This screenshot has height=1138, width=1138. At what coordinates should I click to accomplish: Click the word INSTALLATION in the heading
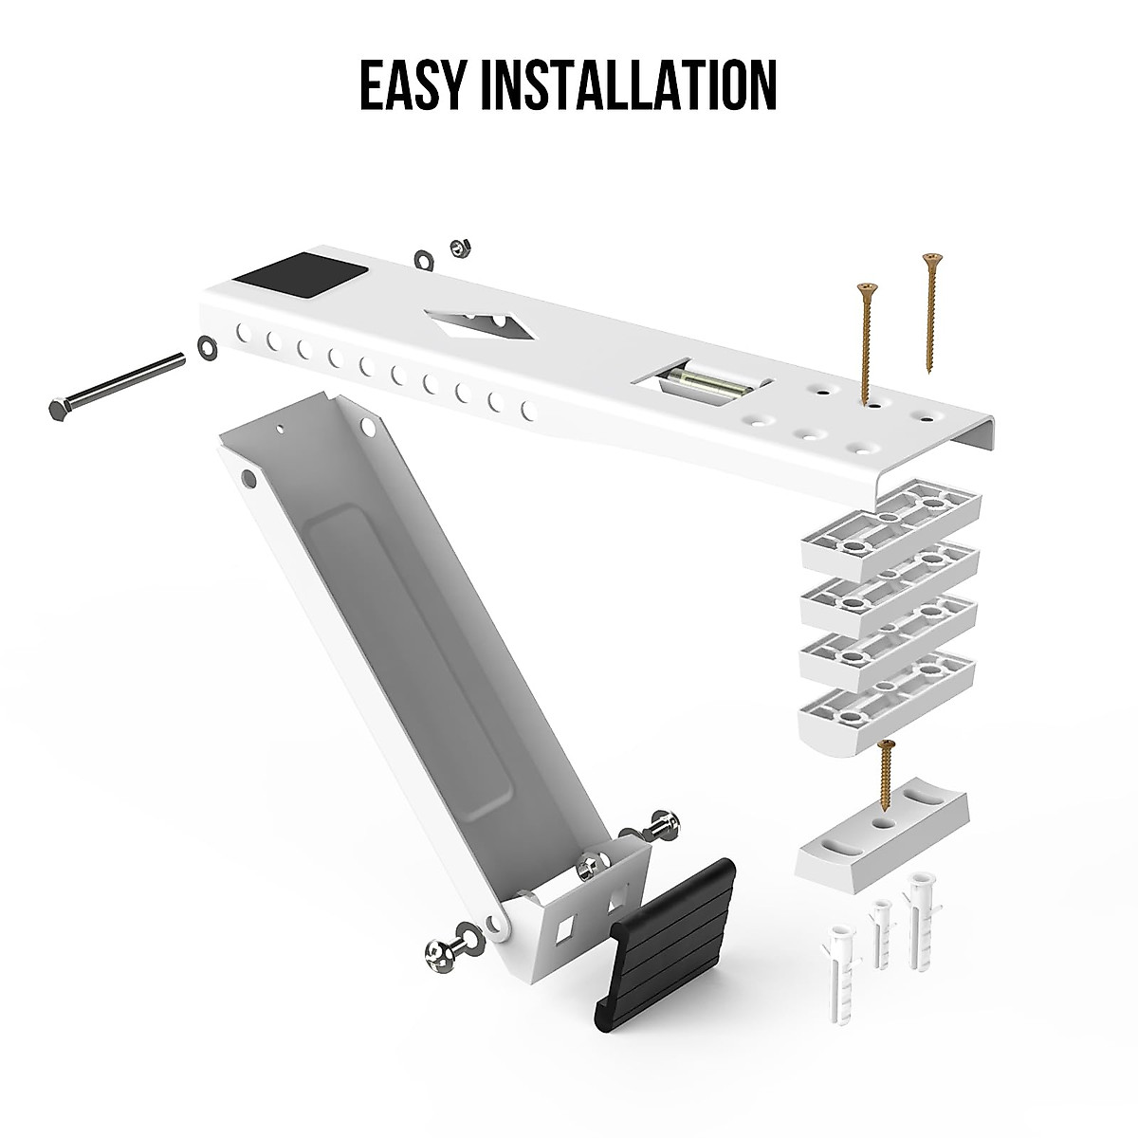630,84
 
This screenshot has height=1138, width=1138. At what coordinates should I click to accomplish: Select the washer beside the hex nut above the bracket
421,258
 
